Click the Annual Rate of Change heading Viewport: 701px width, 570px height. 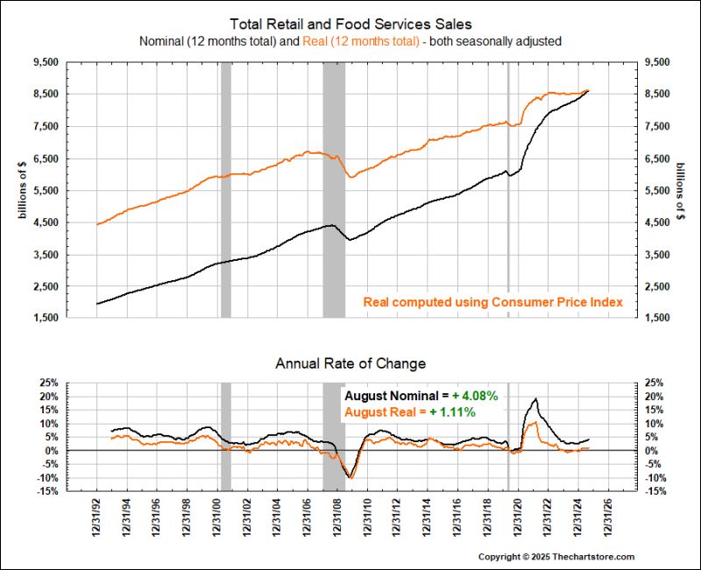(350, 362)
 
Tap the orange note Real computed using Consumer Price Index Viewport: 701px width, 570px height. (493, 302)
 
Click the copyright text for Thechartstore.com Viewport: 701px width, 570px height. (556, 556)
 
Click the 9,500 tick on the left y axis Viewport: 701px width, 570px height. (45, 62)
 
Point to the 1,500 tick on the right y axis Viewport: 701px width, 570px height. (656, 318)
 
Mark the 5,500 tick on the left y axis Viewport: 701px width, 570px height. (45, 190)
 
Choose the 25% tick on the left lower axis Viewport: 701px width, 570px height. (47, 384)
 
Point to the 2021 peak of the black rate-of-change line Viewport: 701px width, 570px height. (535, 399)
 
